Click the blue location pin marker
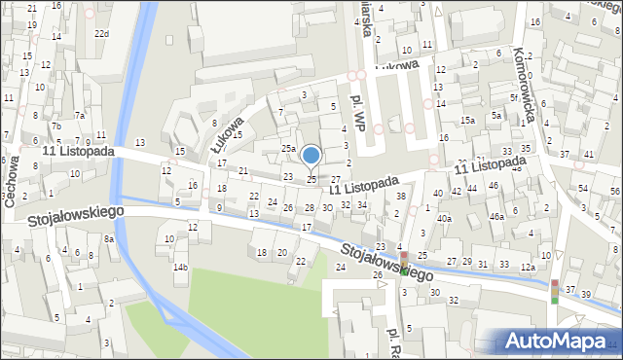click(311, 156)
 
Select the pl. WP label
click(359, 112)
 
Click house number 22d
click(101, 34)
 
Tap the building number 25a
click(288, 148)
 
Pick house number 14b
click(180, 267)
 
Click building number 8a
click(109, 238)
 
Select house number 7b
click(56, 126)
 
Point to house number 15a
click(468, 120)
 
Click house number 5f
click(513, 98)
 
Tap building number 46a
click(496, 216)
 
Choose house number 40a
click(444, 219)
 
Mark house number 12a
click(528, 267)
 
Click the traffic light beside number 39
click(555, 291)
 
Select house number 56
click(614, 192)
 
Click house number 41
click(589, 155)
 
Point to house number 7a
click(81, 116)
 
